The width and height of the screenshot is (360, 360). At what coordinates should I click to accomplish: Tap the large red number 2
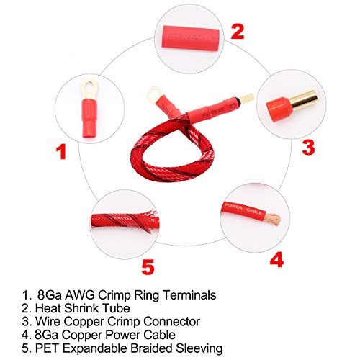(x=238, y=31)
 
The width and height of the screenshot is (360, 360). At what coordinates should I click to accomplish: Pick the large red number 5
(x=148, y=267)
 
